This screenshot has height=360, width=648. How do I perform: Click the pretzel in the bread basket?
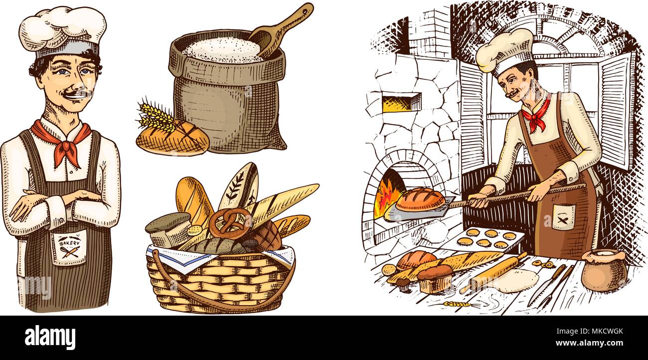coord(230,222)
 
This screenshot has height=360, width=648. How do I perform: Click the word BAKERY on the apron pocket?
coord(69,242)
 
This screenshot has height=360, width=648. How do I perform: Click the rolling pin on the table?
coord(496,272)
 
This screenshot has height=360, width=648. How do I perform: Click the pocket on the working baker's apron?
coord(563,217)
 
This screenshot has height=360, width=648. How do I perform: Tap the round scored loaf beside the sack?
coord(172,138)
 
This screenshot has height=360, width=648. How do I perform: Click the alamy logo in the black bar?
coord(50,338)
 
